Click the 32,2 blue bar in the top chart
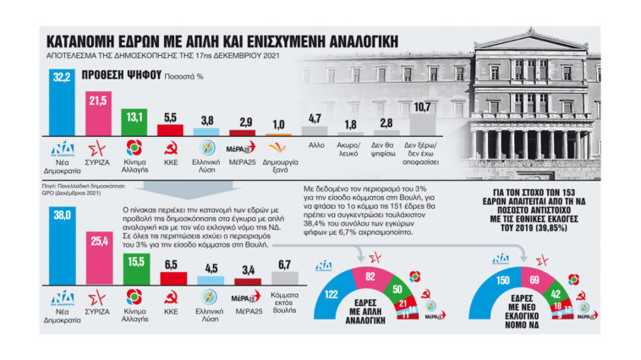pyautogui.click(x=62, y=106)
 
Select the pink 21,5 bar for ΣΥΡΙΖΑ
pyautogui.click(x=99, y=115)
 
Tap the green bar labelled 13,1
pyautogui.click(x=134, y=123)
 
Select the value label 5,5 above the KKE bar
pyautogui.click(x=170, y=117)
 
